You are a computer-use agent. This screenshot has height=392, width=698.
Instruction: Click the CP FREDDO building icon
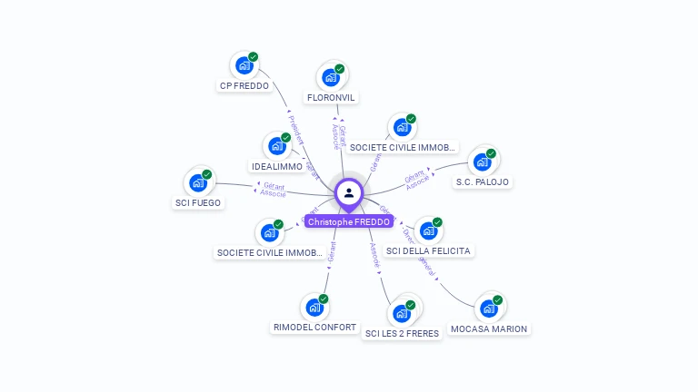click(243, 65)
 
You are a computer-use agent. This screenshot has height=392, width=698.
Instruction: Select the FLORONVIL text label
click(332, 97)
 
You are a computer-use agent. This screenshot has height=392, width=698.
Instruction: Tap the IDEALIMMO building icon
click(276, 146)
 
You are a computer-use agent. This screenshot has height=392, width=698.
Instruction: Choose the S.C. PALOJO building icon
click(481, 163)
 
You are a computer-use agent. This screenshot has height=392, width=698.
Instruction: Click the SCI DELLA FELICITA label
click(430, 250)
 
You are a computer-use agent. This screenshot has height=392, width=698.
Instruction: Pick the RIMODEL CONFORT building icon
click(314, 307)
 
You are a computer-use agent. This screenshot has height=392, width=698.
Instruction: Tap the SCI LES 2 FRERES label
click(402, 333)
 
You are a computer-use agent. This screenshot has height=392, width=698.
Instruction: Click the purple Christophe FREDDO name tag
click(349, 221)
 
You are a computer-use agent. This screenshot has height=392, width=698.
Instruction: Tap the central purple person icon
click(349, 192)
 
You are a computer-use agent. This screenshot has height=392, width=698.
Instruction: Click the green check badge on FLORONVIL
click(340, 69)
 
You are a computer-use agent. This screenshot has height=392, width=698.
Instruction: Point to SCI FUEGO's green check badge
click(207, 174)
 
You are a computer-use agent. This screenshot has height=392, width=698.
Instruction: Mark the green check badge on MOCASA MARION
click(497, 300)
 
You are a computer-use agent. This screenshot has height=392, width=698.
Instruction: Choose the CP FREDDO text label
click(244, 86)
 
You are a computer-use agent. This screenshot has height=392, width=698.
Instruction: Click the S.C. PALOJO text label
click(483, 181)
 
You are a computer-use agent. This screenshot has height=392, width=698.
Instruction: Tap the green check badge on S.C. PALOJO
click(491, 154)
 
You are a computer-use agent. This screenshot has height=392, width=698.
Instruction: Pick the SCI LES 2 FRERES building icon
click(401, 313)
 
